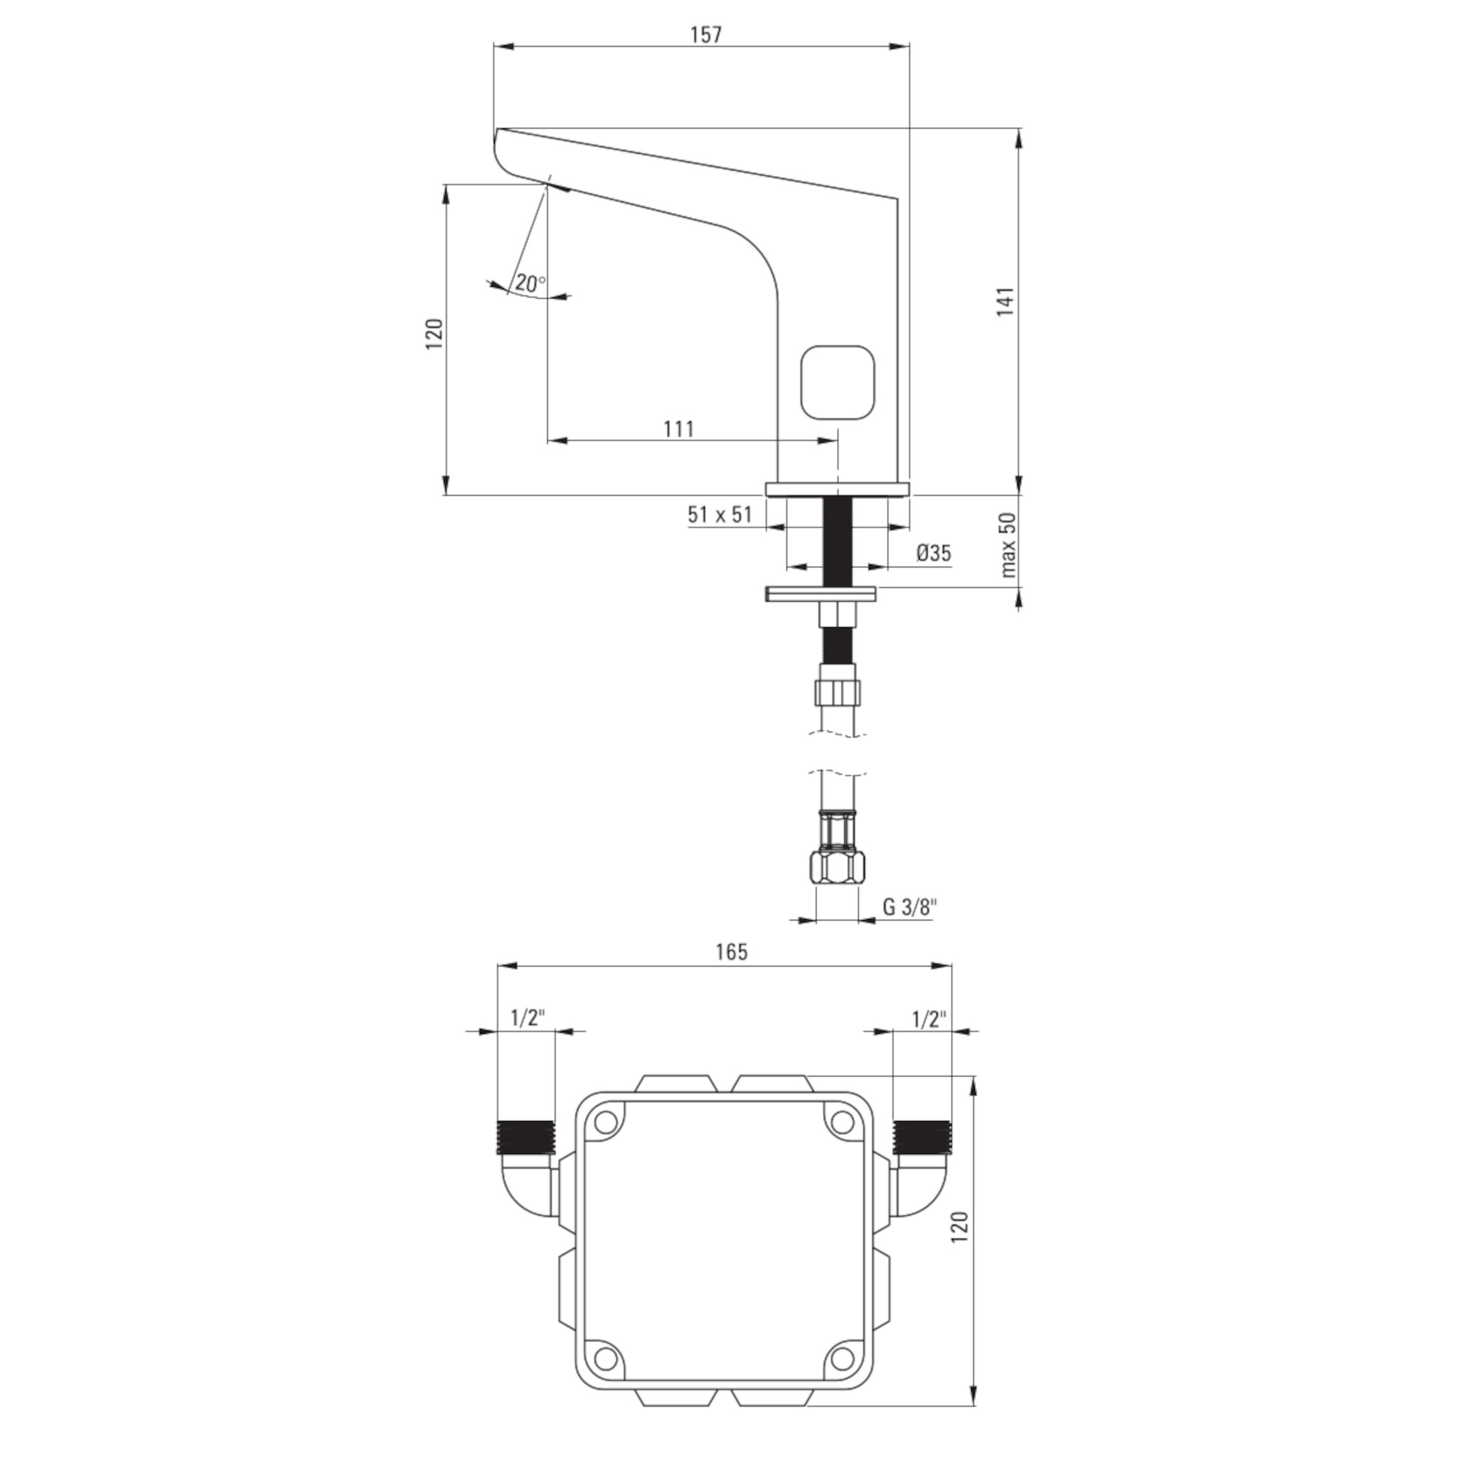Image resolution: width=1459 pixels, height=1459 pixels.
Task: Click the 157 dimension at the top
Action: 706,35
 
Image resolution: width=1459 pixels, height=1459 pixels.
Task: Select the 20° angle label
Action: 530,283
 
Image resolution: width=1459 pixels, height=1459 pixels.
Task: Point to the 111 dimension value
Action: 679,429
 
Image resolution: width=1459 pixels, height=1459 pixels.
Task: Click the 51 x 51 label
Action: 720,514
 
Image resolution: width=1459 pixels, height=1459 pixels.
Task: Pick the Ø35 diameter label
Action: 934,553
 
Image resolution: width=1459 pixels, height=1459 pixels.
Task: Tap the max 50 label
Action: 1009,544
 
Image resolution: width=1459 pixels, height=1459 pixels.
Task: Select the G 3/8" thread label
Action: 910,907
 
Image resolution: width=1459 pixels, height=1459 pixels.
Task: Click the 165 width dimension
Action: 731,952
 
